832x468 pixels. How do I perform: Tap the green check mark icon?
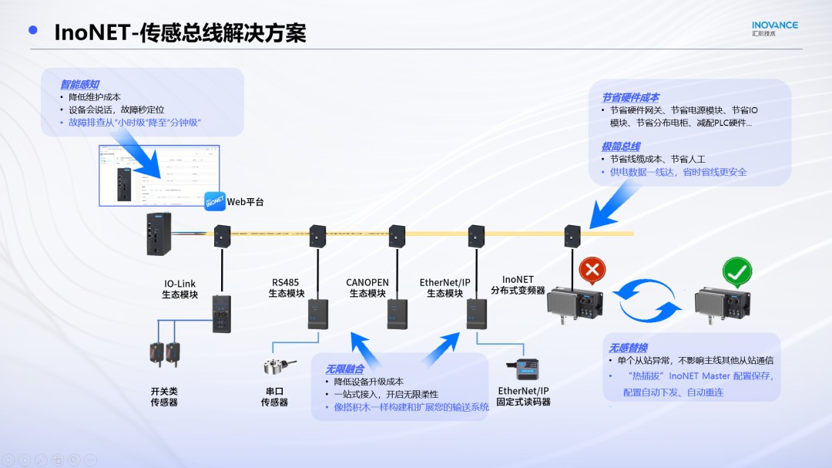tap(736, 272)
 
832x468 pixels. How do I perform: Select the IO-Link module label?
tap(179, 288)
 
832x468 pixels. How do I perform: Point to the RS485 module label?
tap(287, 288)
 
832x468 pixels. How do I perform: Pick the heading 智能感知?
tap(79, 84)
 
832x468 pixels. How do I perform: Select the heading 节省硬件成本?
tap(629, 98)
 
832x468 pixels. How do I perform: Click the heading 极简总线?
tap(620, 146)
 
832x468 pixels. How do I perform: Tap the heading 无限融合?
tap(343, 369)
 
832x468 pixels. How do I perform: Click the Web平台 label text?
tap(245, 202)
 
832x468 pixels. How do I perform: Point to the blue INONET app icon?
tap(214, 202)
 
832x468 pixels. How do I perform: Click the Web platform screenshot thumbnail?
tap(159, 175)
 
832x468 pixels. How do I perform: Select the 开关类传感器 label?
tap(164, 396)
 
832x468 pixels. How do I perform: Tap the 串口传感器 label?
tap(274, 396)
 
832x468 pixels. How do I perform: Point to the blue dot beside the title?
tap(33, 31)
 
